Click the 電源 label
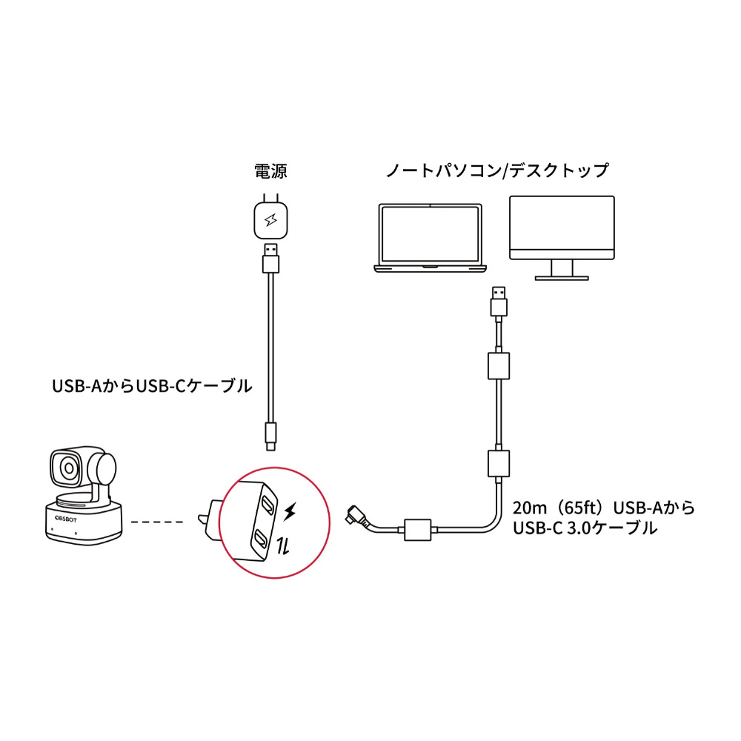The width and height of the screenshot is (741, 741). click(x=270, y=171)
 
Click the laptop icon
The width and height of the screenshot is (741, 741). click(x=430, y=238)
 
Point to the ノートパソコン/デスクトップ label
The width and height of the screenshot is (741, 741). click(x=497, y=170)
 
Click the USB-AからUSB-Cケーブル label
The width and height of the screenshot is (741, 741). click(x=152, y=386)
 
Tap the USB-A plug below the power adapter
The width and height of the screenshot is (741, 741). click(x=270, y=259)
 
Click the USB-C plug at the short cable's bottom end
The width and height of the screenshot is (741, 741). click(x=270, y=436)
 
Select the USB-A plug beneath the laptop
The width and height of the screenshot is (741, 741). click(x=499, y=302)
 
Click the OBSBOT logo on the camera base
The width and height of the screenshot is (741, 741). click(x=66, y=519)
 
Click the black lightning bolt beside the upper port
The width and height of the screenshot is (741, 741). click(x=290, y=511)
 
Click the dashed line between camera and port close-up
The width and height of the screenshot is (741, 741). click(x=157, y=522)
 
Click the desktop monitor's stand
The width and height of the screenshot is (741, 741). click(x=562, y=270)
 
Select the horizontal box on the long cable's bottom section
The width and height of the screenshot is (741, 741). click(x=418, y=530)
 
